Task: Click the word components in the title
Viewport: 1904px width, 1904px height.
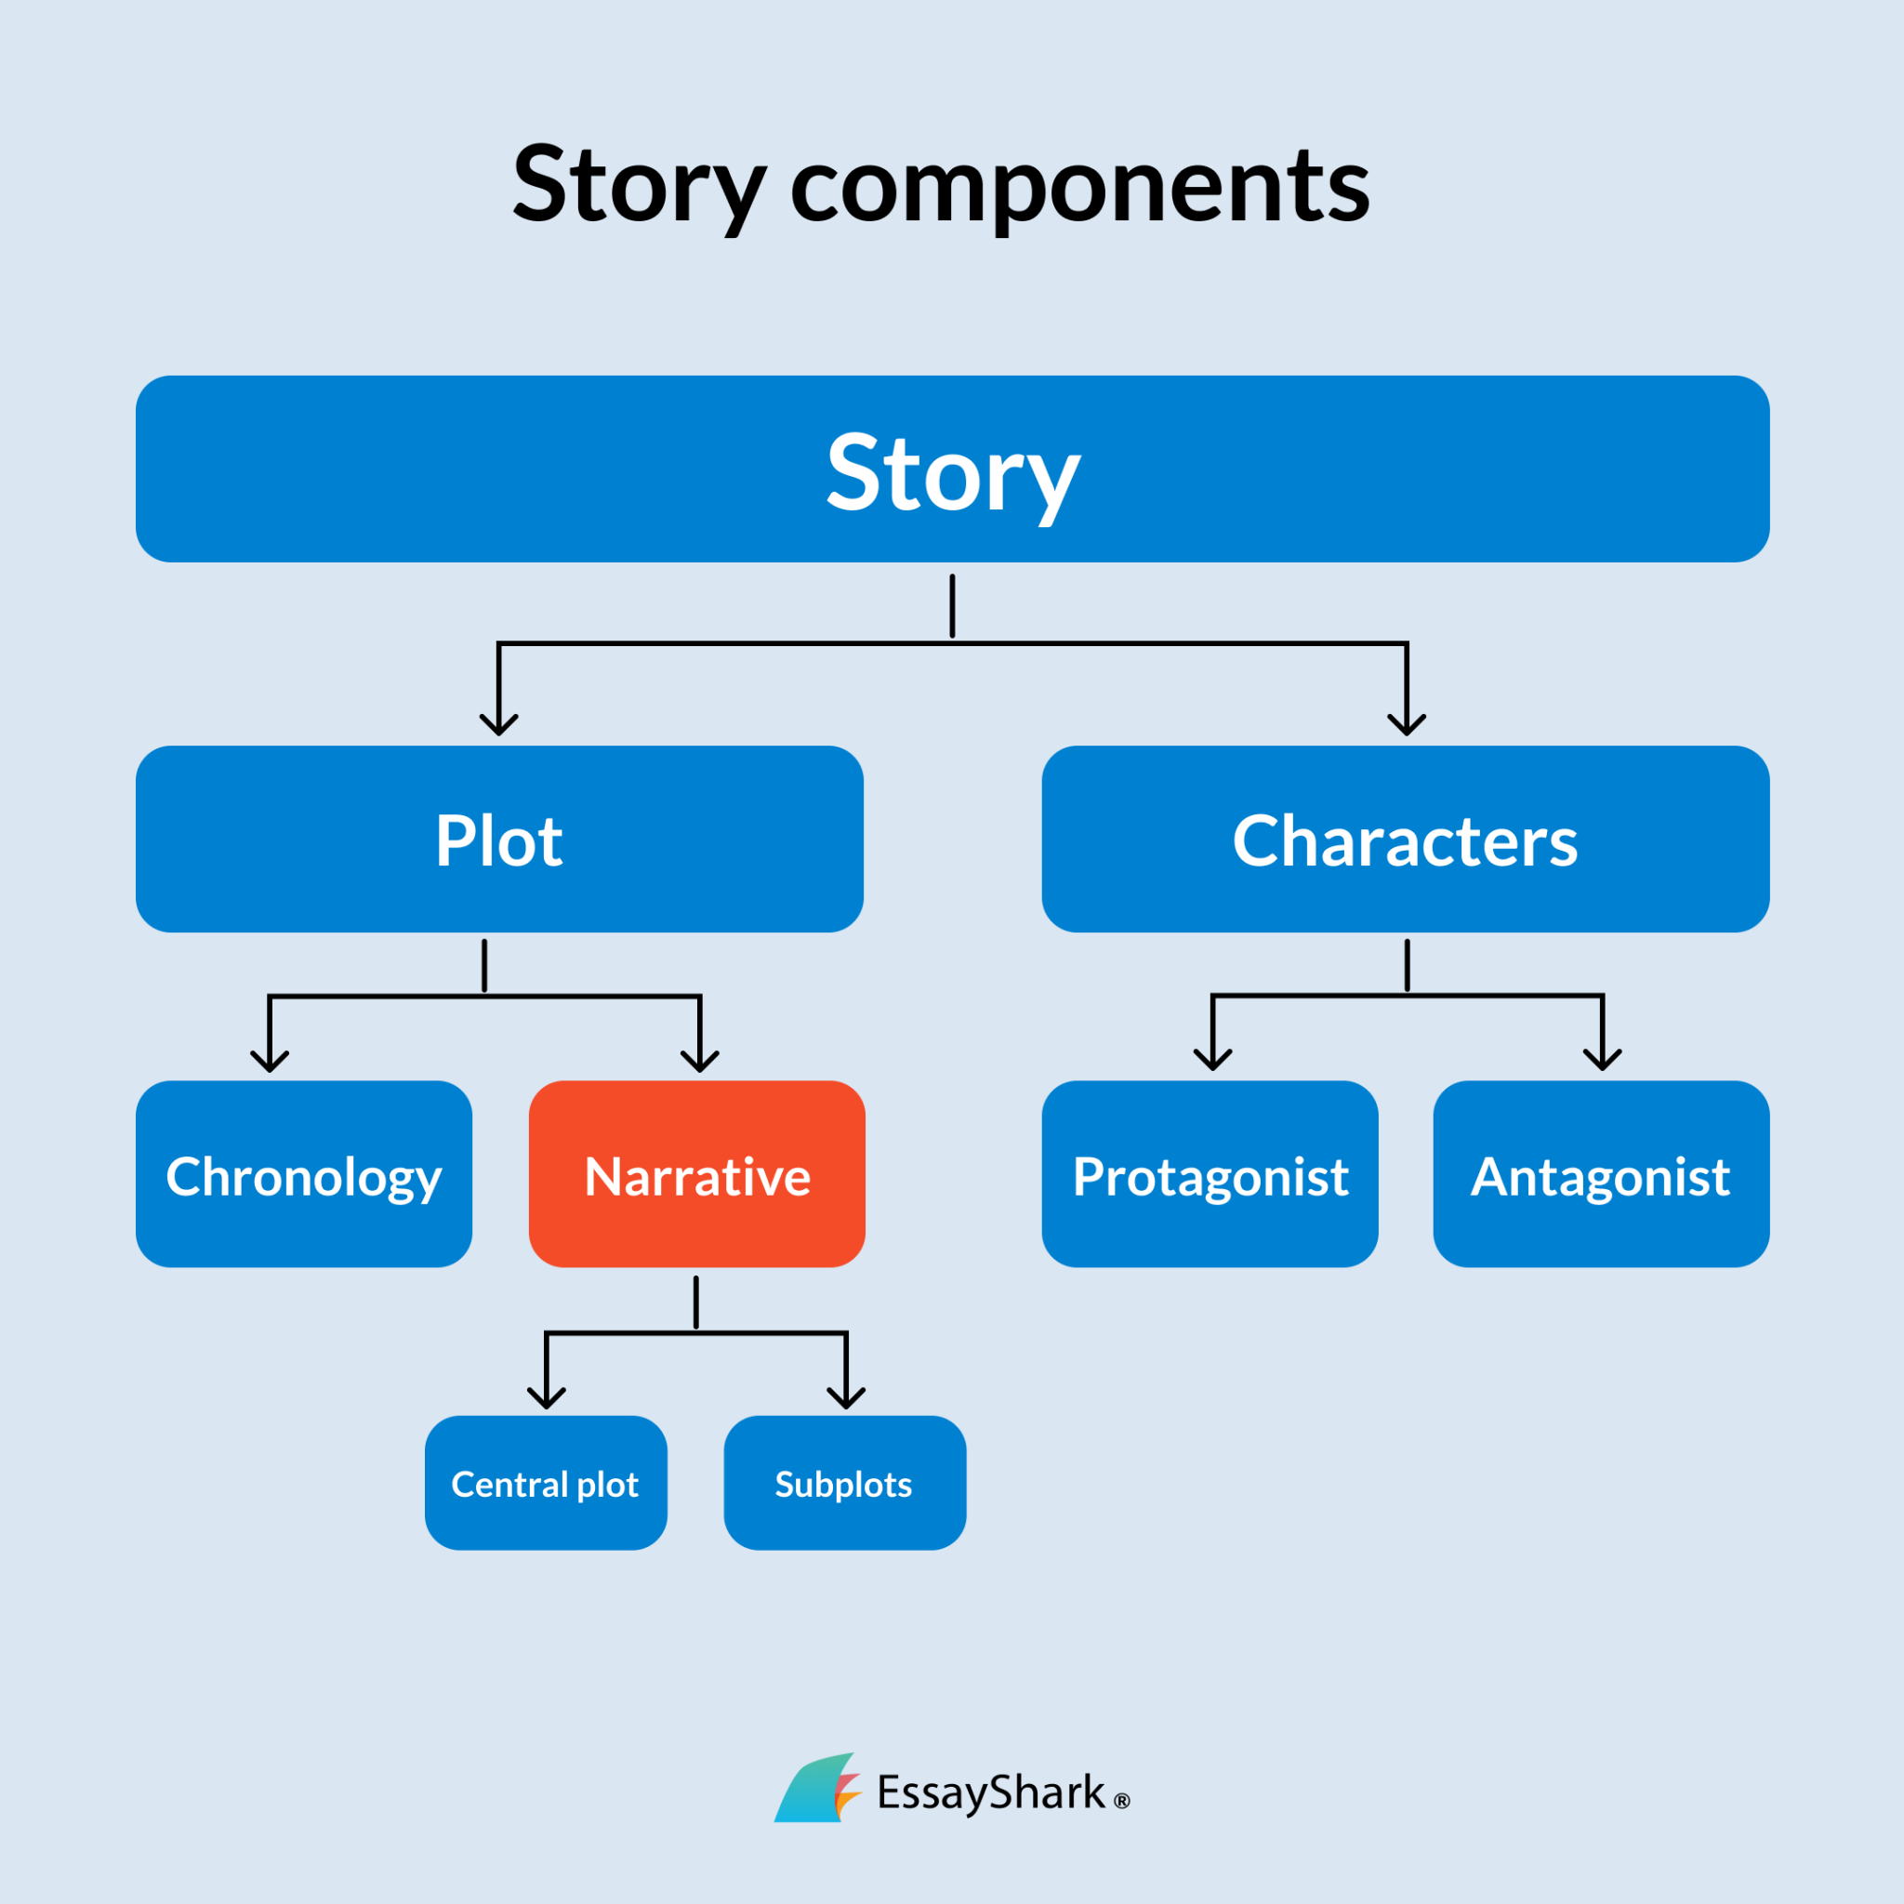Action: point(1079,187)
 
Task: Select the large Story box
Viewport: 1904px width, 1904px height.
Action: point(952,469)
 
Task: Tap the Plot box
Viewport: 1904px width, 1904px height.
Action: point(499,839)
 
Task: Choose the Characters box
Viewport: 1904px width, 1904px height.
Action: point(1406,839)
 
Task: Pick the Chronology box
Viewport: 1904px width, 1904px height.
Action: point(303,1174)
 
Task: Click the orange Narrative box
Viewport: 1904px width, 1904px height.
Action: point(696,1174)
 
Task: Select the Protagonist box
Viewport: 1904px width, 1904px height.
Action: point(1210,1174)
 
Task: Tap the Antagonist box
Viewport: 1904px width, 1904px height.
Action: point(1601,1174)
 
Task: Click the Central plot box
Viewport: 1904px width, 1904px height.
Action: point(545,1483)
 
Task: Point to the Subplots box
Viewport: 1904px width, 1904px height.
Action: point(844,1483)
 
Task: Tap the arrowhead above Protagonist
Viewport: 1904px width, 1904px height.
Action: point(1212,1061)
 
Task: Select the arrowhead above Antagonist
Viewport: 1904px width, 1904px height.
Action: point(1603,1061)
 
